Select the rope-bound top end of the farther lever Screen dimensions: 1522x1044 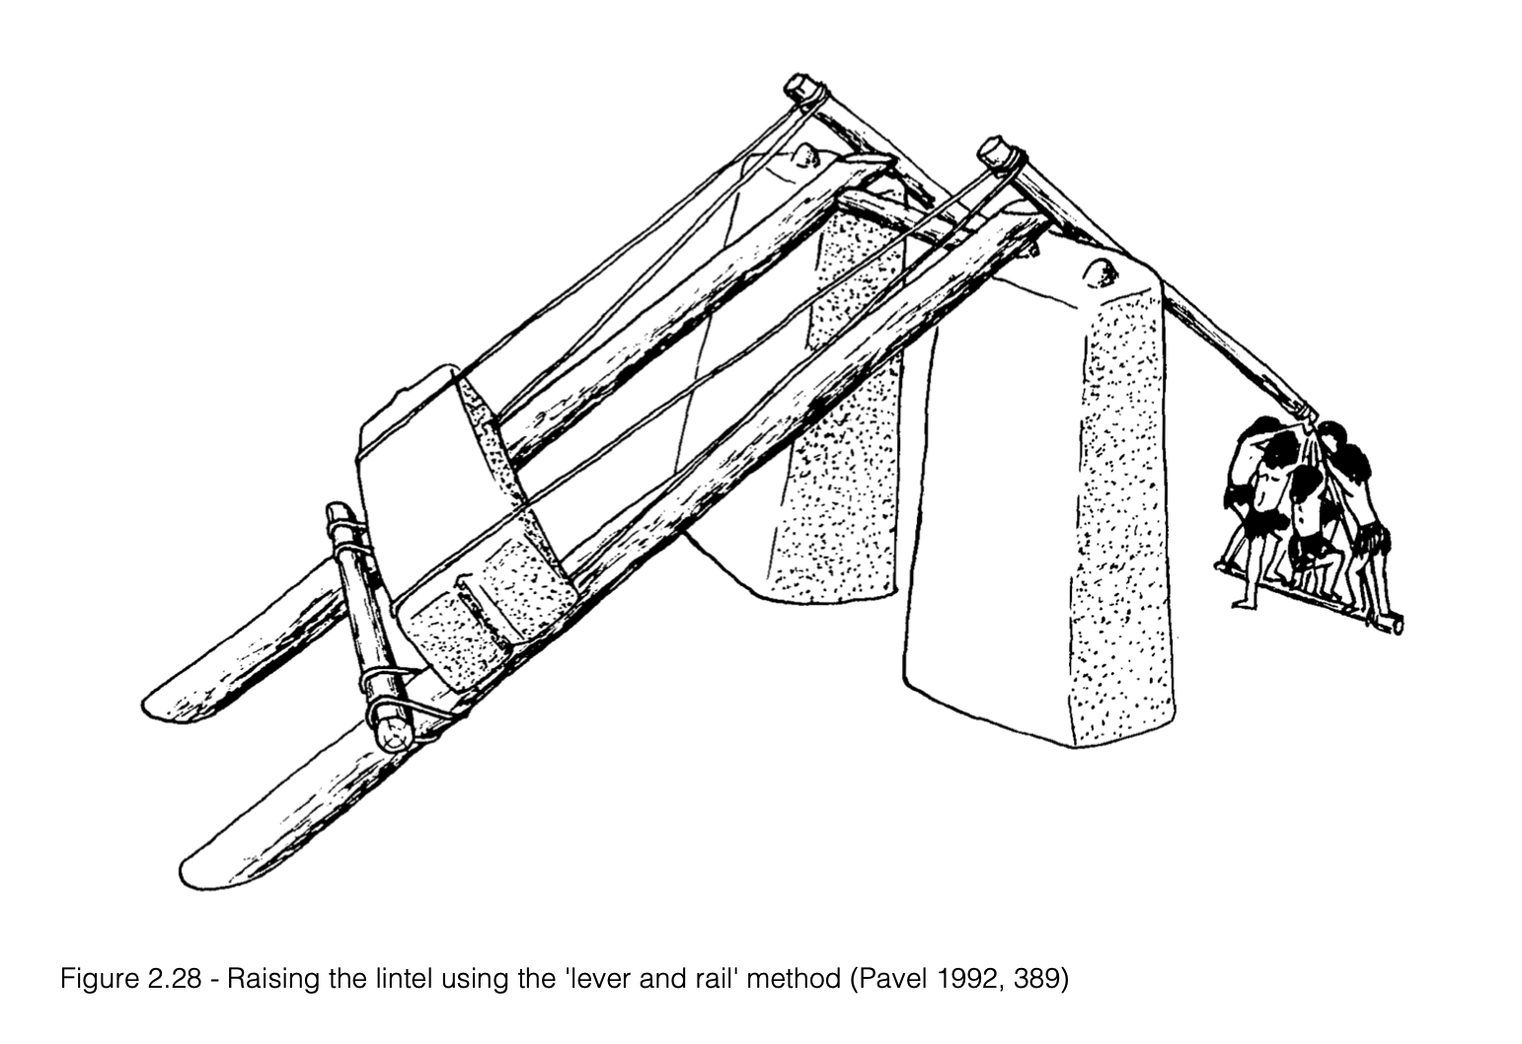804,89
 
